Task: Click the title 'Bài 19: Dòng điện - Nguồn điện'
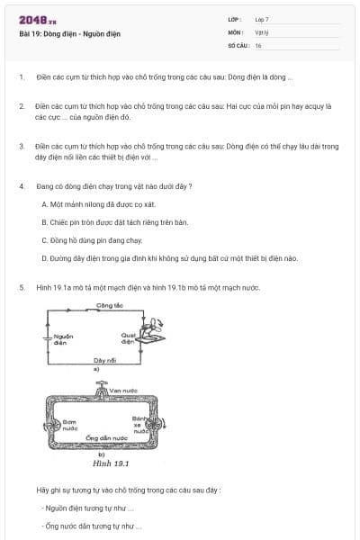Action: pos(69,34)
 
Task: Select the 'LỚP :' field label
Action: pos(235,19)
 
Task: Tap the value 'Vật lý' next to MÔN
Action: pos(262,31)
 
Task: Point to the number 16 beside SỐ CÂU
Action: pos(258,45)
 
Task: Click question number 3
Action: pos(22,145)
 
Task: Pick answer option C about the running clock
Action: pos(93,240)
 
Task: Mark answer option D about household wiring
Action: pos(169,258)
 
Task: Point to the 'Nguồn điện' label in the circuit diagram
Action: pos(62,339)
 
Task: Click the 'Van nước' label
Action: pos(123,389)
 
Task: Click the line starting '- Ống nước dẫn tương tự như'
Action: pos(92,526)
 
